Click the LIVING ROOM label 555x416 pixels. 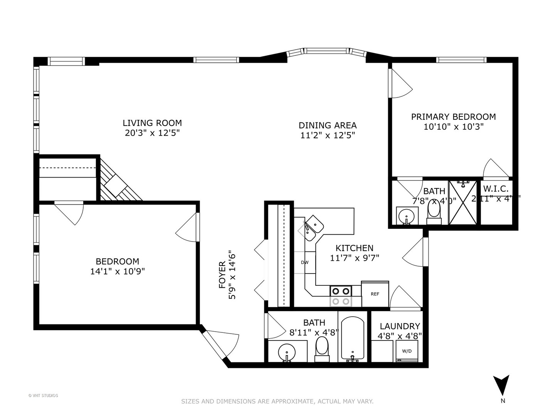[152, 123]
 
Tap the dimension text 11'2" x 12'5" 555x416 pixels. [328, 135]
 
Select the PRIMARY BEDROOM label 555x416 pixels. [453, 117]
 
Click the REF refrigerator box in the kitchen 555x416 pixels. [375, 294]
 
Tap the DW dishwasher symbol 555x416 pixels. [305, 263]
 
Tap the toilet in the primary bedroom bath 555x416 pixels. [434, 212]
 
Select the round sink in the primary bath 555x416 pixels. [406, 216]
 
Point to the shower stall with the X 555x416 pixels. [464, 202]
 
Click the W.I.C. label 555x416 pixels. [496, 189]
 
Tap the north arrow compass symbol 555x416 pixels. [501, 386]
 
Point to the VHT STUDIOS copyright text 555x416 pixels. [43, 395]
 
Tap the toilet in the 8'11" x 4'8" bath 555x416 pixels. [322, 348]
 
